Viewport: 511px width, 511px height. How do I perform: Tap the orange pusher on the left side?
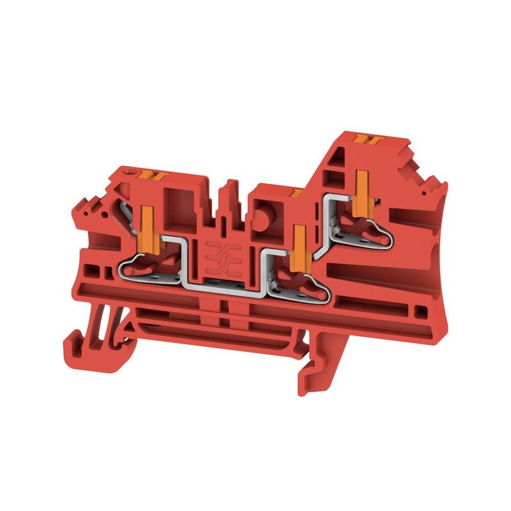tap(146, 225)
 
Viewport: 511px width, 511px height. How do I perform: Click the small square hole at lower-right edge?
tap(420, 312)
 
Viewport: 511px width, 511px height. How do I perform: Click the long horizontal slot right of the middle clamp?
tap(377, 300)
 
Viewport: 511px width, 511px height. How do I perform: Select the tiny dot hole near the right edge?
tap(422, 190)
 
